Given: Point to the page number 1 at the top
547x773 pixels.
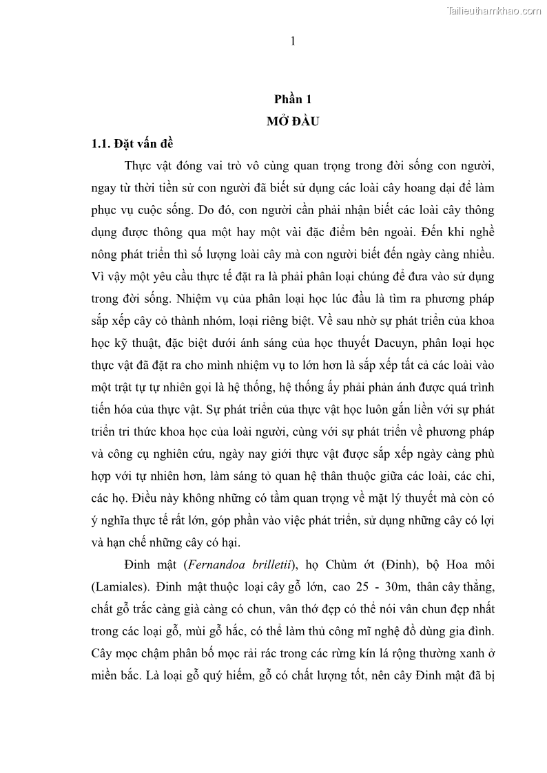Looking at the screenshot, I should coord(293,41).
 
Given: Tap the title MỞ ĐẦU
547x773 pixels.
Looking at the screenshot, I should coord(293,122).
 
